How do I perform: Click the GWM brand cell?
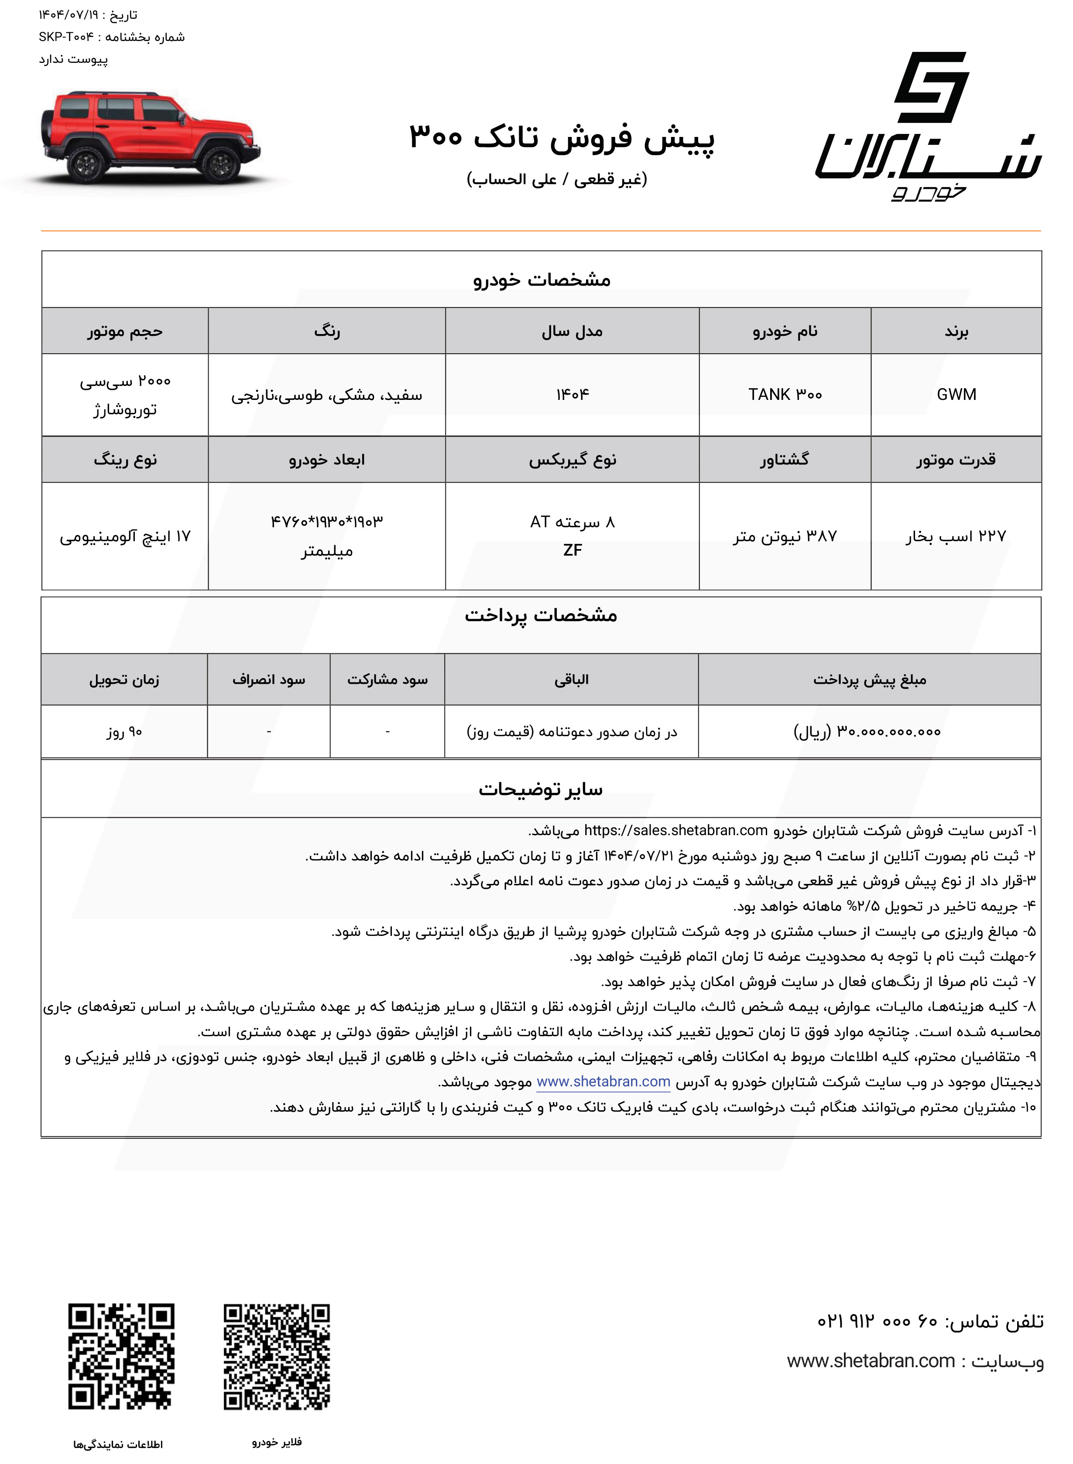[x=956, y=394]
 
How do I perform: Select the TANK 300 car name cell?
[x=785, y=394]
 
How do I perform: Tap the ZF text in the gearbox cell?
[x=572, y=550]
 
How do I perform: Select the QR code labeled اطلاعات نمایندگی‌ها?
[x=121, y=1357]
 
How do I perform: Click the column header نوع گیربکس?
[x=572, y=460]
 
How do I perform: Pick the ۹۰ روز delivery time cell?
[x=124, y=732]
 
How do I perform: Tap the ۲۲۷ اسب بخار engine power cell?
[x=956, y=536]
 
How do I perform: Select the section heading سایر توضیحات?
[x=540, y=789]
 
